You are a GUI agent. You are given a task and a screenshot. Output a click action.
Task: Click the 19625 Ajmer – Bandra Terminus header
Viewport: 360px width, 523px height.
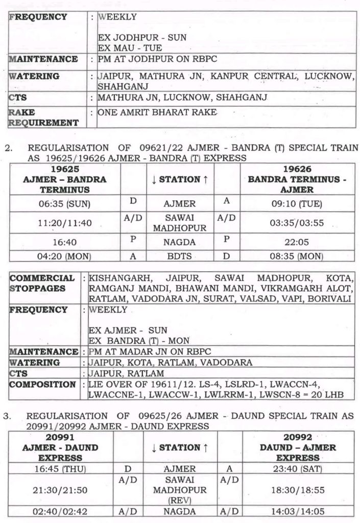click(x=65, y=179)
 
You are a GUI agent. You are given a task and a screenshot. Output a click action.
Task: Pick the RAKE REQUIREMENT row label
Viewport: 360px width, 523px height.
click(x=44, y=117)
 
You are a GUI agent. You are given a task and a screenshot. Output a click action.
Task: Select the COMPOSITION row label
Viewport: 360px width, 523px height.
click(x=42, y=384)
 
